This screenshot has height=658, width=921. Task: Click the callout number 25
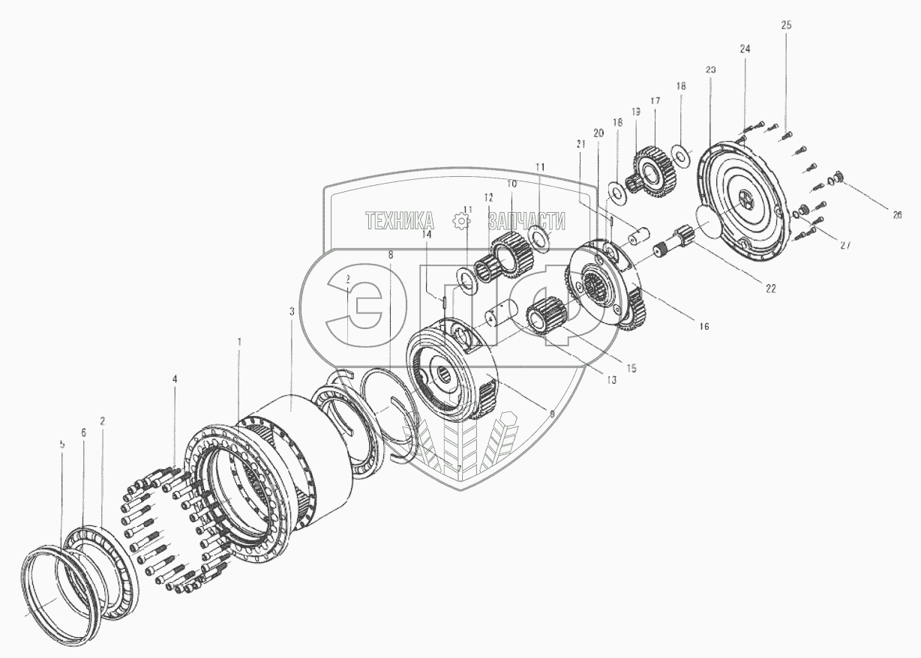point(785,25)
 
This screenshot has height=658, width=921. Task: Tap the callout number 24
point(744,49)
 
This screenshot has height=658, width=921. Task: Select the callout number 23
point(710,69)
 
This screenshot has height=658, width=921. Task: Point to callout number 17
point(655,100)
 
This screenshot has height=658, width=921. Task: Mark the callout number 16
point(703,326)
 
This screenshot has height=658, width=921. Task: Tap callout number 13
point(610,380)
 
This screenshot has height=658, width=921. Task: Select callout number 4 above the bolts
point(175,379)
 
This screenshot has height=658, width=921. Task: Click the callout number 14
point(426,234)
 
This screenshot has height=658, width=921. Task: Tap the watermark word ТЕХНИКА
point(399,220)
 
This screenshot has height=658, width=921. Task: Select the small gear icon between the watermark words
point(461,220)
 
